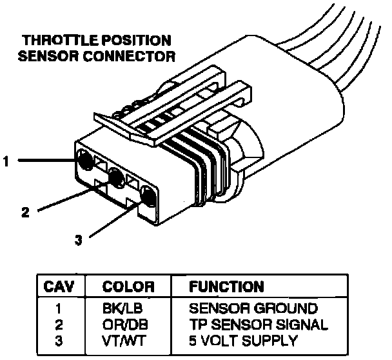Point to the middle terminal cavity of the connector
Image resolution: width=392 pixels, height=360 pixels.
(116, 176)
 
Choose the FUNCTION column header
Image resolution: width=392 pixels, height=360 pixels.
(226, 286)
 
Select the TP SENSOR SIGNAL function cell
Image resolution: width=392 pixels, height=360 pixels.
(258, 324)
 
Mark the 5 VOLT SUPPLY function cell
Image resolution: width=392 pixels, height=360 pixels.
(242, 340)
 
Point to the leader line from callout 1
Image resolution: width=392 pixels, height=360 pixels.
(45, 161)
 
